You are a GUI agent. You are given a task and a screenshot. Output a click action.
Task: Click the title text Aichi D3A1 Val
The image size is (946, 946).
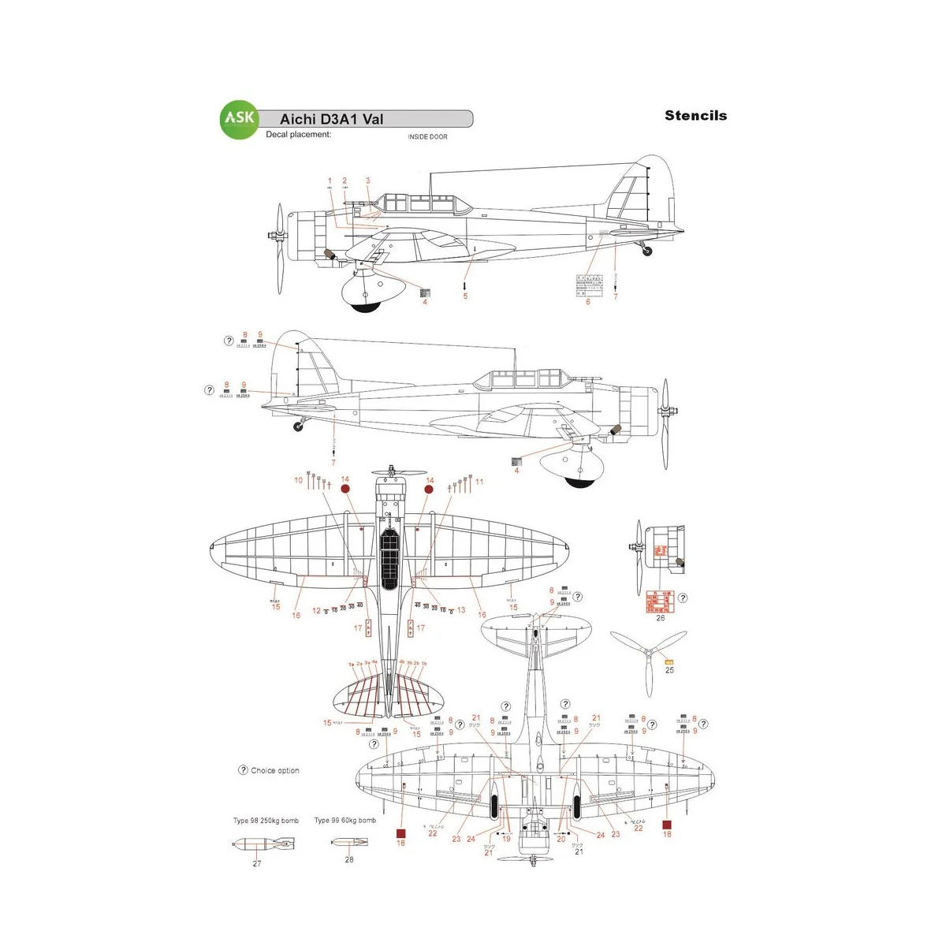[331, 119]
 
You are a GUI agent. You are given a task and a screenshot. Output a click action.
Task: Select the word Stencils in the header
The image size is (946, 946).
[695, 115]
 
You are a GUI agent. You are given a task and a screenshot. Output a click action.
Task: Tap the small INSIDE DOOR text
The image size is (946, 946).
[427, 137]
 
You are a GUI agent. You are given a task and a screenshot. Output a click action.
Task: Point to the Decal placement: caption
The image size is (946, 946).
[298, 135]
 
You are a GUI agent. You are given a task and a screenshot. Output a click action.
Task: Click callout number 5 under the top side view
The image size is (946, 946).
[465, 296]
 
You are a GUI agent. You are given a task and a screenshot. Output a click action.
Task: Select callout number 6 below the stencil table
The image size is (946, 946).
[588, 302]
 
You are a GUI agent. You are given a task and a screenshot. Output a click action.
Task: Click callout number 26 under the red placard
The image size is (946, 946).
[661, 618]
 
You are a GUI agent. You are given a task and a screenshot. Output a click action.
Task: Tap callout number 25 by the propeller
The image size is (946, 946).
[669, 670]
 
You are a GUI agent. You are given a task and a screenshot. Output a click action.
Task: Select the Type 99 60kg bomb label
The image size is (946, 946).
[345, 821]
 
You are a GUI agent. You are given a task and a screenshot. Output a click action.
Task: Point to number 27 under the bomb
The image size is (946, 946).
[257, 864]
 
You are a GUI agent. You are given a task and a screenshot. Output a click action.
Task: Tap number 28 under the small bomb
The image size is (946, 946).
[349, 860]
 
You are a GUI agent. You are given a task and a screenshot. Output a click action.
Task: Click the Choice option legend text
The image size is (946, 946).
[274, 771]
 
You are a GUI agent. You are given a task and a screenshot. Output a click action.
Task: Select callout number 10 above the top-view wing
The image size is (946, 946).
[299, 480]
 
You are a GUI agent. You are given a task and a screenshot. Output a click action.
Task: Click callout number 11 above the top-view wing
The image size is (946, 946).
[479, 482]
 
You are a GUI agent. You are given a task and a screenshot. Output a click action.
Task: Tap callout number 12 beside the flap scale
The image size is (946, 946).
[316, 611]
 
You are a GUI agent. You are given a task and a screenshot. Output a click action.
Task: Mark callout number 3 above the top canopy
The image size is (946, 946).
[367, 181]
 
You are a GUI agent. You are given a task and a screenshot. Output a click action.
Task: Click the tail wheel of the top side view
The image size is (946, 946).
[648, 251]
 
